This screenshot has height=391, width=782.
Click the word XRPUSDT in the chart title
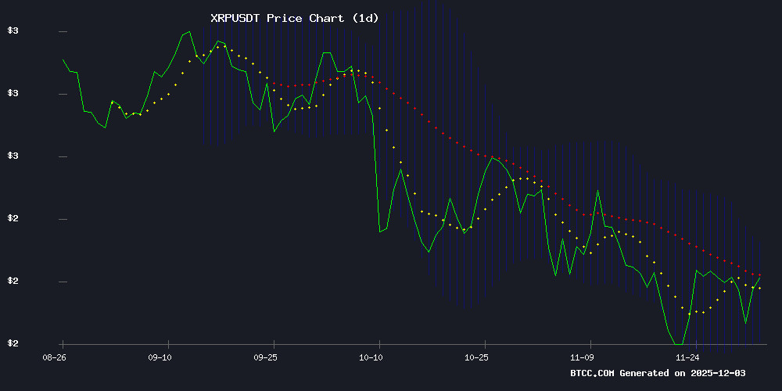[x=235, y=18]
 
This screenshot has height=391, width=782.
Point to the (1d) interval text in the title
[x=364, y=18]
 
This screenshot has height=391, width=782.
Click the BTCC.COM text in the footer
[x=593, y=373]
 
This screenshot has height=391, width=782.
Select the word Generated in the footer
[x=646, y=373]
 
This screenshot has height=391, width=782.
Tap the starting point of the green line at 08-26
[x=63, y=59]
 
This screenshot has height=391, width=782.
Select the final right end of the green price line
[x=760, y=278]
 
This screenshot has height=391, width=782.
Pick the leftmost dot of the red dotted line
[x=274, y=83]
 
